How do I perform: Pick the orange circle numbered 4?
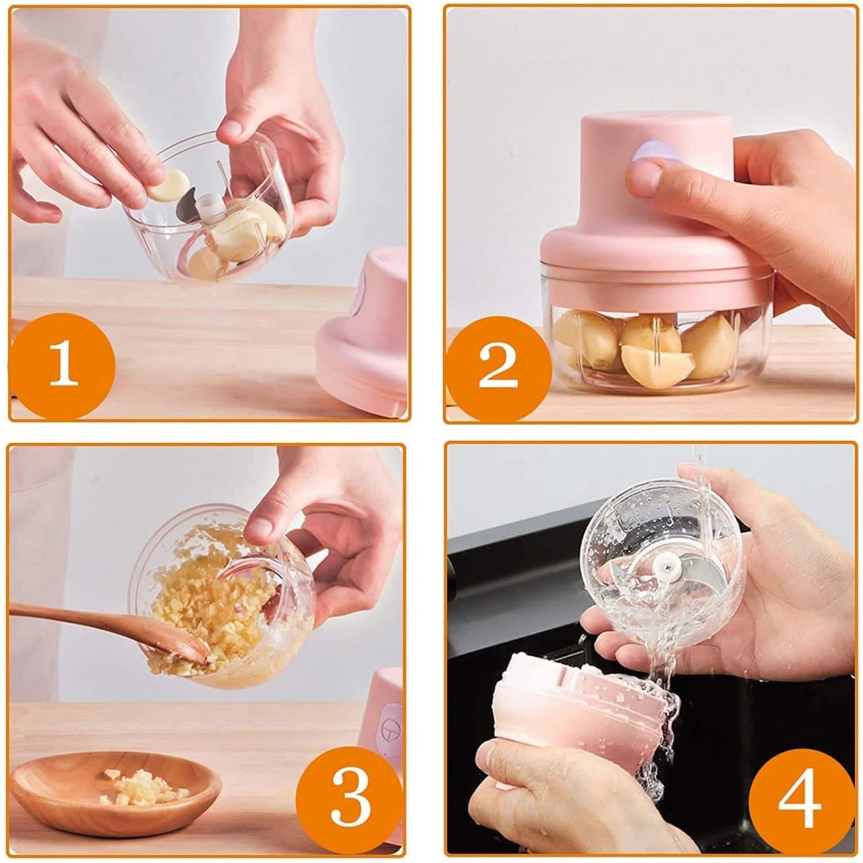pos(798,800)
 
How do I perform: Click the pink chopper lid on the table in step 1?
pos(364,337)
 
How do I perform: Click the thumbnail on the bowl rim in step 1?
pos(233,127)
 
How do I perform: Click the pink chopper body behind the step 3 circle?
pos(388,715)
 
